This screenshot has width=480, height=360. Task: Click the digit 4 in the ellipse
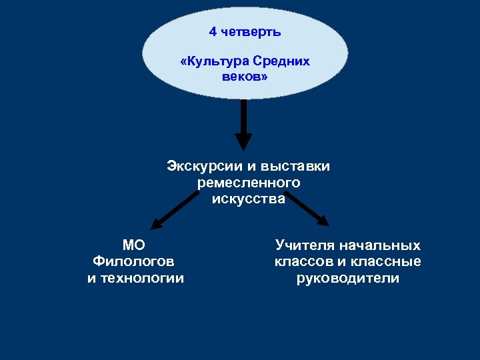(213, 32)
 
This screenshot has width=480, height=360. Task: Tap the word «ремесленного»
(249, 182)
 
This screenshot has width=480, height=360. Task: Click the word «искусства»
(249, 198)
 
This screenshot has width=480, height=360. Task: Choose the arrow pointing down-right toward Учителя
(306, 209)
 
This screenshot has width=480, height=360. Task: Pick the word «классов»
(305, 261)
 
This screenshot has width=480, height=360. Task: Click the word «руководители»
(348, 278)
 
